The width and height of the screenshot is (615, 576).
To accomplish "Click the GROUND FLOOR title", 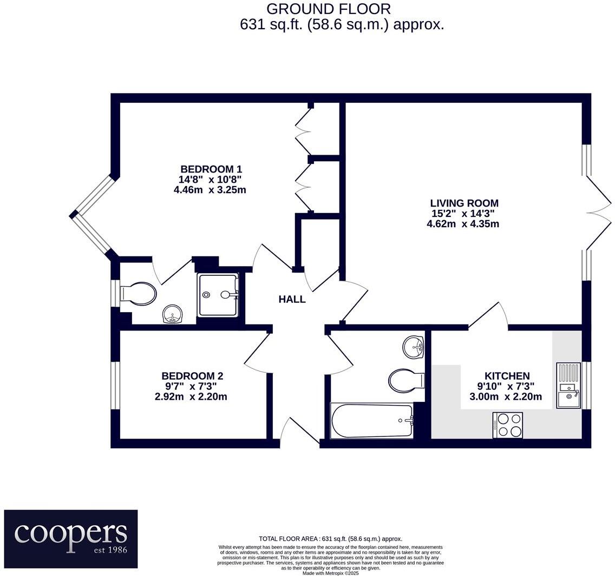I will pos(329,9).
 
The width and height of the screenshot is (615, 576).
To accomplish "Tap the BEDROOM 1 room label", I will pos(211,169).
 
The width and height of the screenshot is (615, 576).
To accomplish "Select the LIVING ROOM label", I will pos(464,203).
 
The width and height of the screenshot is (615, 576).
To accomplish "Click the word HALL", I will pos(292,299).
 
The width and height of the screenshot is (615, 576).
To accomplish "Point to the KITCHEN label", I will pos(507,376).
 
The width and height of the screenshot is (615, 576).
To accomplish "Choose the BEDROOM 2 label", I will pos(192,376).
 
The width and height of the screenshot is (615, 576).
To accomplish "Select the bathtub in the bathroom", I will pos(371,421).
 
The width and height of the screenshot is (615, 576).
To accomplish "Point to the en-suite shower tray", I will pos(218,295).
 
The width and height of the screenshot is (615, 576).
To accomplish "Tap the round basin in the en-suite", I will pos(173,314).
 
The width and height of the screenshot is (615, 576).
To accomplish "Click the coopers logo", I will pos(71,539).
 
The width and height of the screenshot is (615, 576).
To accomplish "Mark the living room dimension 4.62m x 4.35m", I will pos(464,223).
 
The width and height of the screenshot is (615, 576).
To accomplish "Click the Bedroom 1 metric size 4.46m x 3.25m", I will pos(211,189).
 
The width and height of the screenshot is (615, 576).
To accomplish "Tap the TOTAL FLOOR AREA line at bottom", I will pos(330,539).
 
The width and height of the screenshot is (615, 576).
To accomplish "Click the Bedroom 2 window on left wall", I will pos(115,385).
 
